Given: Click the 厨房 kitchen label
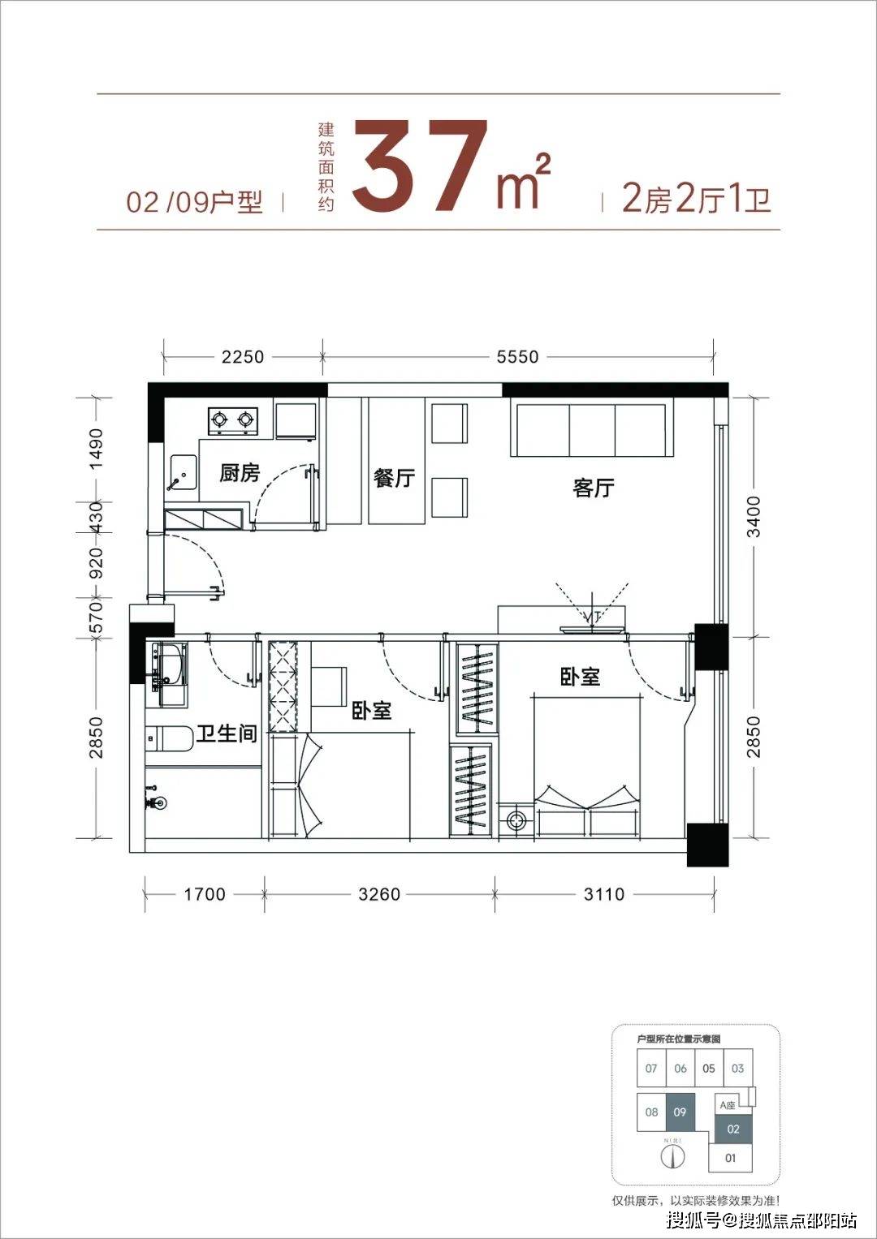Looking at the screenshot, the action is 240,473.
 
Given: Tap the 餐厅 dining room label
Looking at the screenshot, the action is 394,478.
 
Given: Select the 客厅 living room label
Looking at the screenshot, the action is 594,488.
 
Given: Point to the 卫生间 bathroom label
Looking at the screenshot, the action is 227,734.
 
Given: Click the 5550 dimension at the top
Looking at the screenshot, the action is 517,357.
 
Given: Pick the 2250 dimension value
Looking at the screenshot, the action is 243,357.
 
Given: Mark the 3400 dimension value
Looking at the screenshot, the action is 754,517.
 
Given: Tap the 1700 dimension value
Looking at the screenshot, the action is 205,894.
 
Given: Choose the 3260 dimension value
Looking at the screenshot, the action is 379,894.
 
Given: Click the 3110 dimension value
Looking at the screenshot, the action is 604,894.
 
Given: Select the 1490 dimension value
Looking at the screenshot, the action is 97,449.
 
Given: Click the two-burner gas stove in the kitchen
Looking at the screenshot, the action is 233,420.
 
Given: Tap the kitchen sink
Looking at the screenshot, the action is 183,474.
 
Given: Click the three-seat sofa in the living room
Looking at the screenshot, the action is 593,430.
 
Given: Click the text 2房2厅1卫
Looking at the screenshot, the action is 696,199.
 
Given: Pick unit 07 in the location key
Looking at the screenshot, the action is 651,1069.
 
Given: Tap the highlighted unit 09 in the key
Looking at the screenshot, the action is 680,1112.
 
